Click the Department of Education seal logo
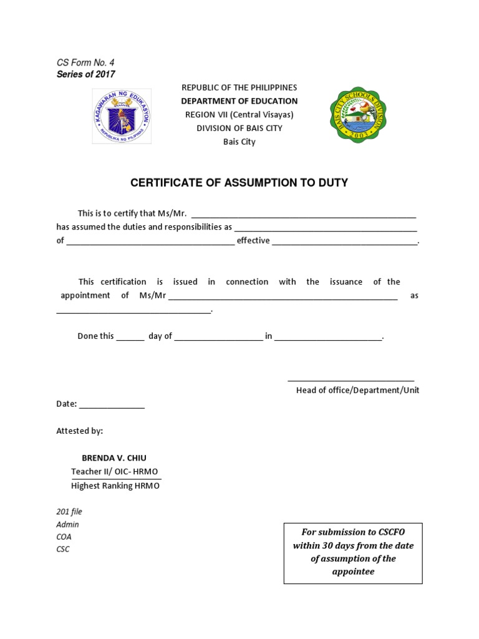122,115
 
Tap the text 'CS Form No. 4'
85,62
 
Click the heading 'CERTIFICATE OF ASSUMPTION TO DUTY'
239,183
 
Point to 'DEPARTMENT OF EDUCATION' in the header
239,100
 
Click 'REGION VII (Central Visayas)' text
239,114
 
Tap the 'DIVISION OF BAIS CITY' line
239,128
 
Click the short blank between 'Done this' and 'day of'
130,338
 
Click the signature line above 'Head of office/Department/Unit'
351,378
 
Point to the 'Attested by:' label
80,431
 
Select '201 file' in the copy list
69,512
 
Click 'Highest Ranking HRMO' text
115,485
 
